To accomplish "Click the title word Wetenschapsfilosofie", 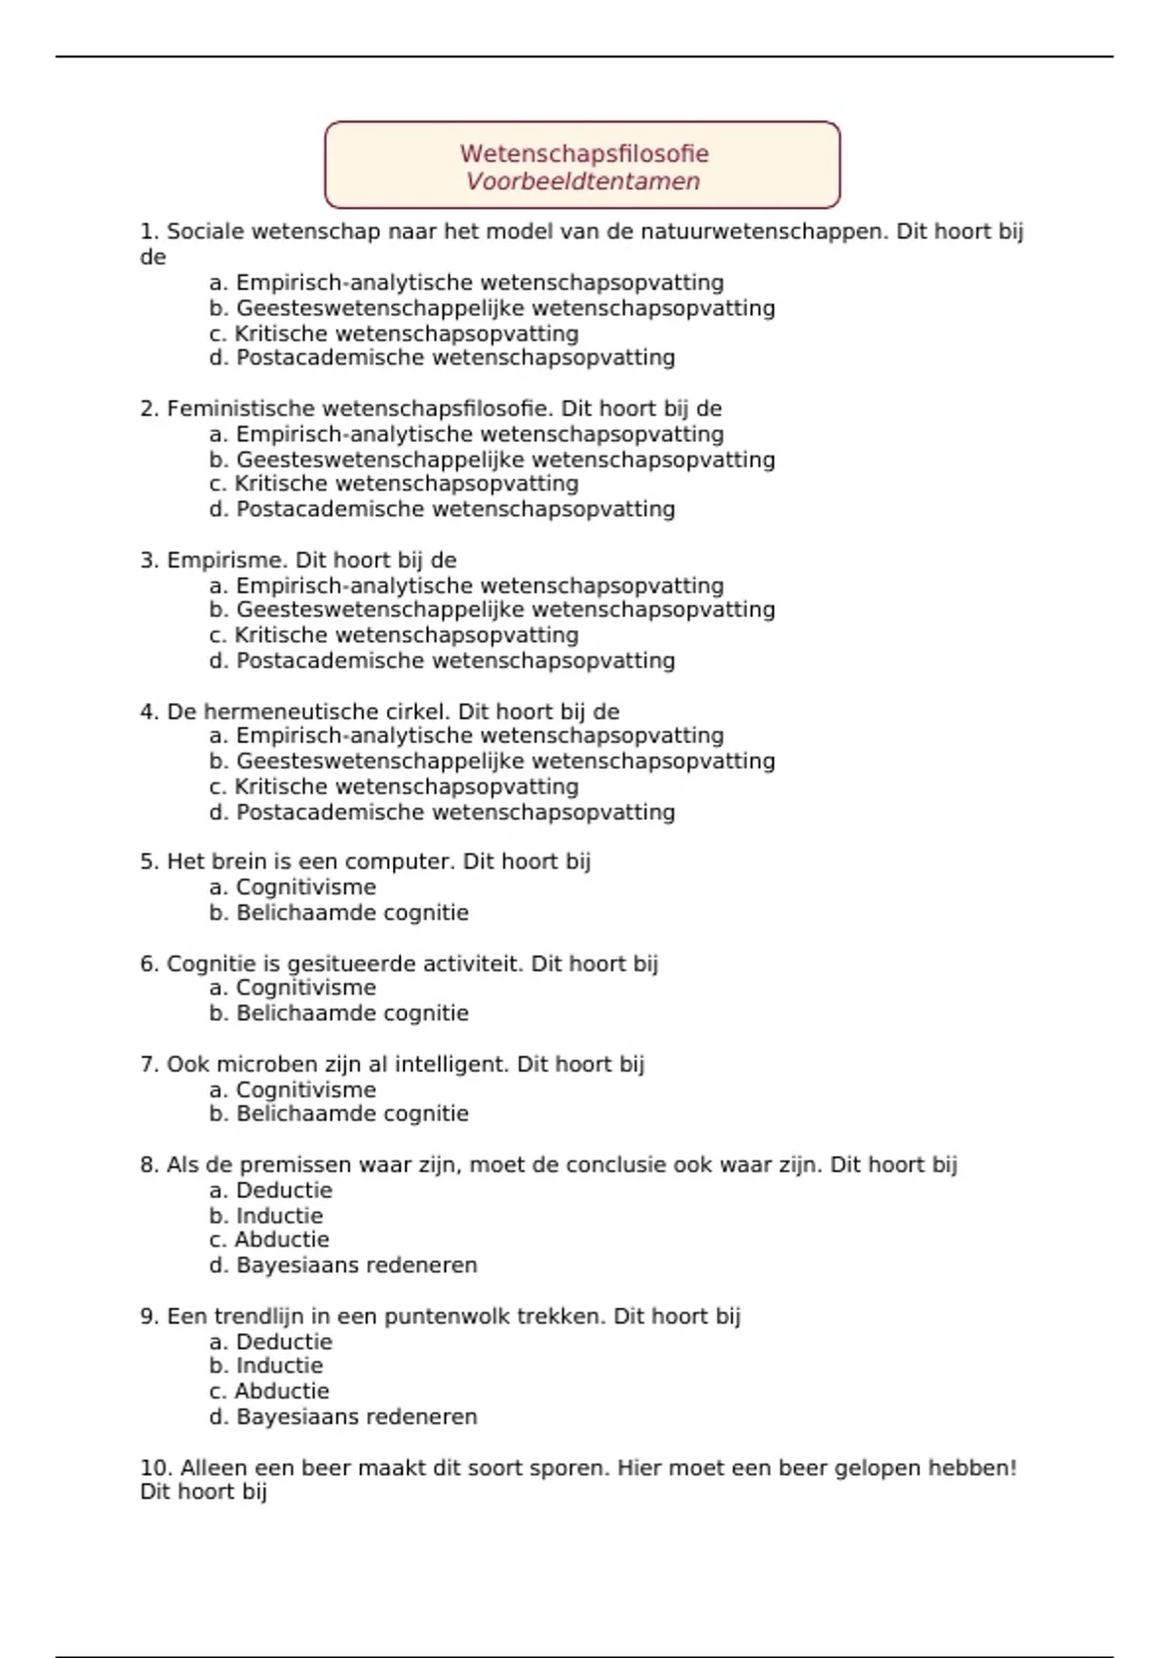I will [584, 153].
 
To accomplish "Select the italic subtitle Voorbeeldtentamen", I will [583, 181].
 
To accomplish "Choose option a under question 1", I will [466, 283].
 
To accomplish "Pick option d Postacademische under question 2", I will [442, 509].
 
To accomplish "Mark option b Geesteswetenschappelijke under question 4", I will [491, 762].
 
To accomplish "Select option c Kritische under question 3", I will [394, 636].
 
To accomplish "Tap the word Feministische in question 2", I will [241, 409].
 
